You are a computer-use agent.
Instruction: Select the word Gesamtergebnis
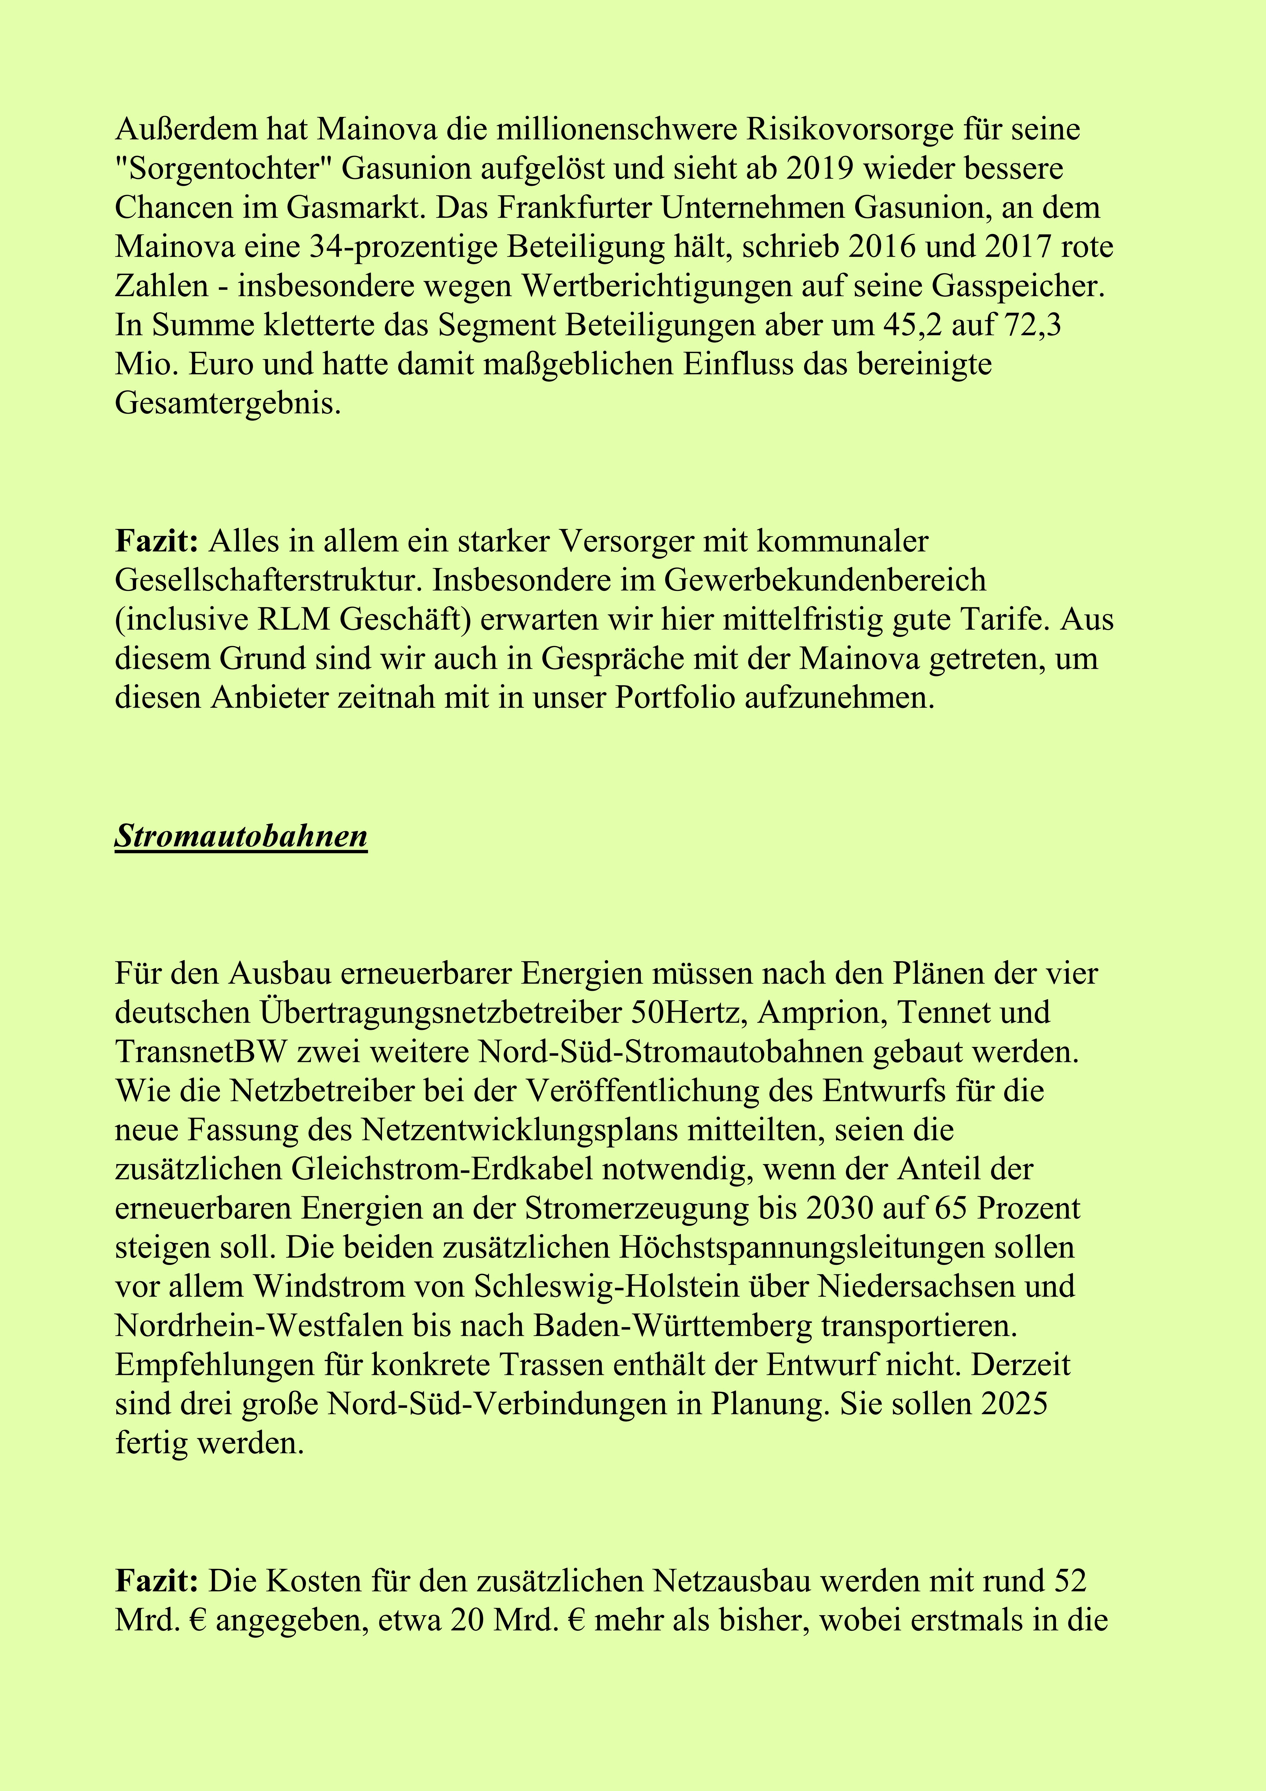228,403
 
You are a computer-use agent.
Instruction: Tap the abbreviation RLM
295,619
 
